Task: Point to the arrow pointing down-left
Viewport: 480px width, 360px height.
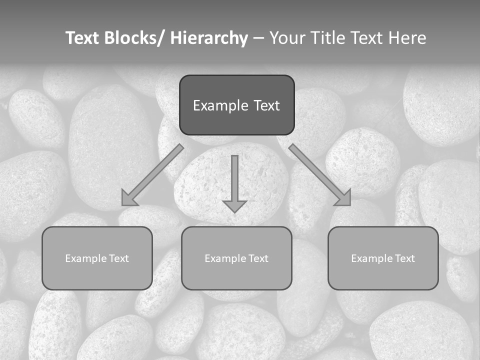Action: point(152,175)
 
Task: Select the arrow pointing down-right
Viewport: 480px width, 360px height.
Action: point(320,175)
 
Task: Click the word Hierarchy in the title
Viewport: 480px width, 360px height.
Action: point(209,38)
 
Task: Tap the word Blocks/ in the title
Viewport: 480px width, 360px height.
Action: point(133,38)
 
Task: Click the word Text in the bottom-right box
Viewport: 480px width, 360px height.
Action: point(405,258)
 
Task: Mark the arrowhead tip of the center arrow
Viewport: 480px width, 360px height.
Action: point(234,212)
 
